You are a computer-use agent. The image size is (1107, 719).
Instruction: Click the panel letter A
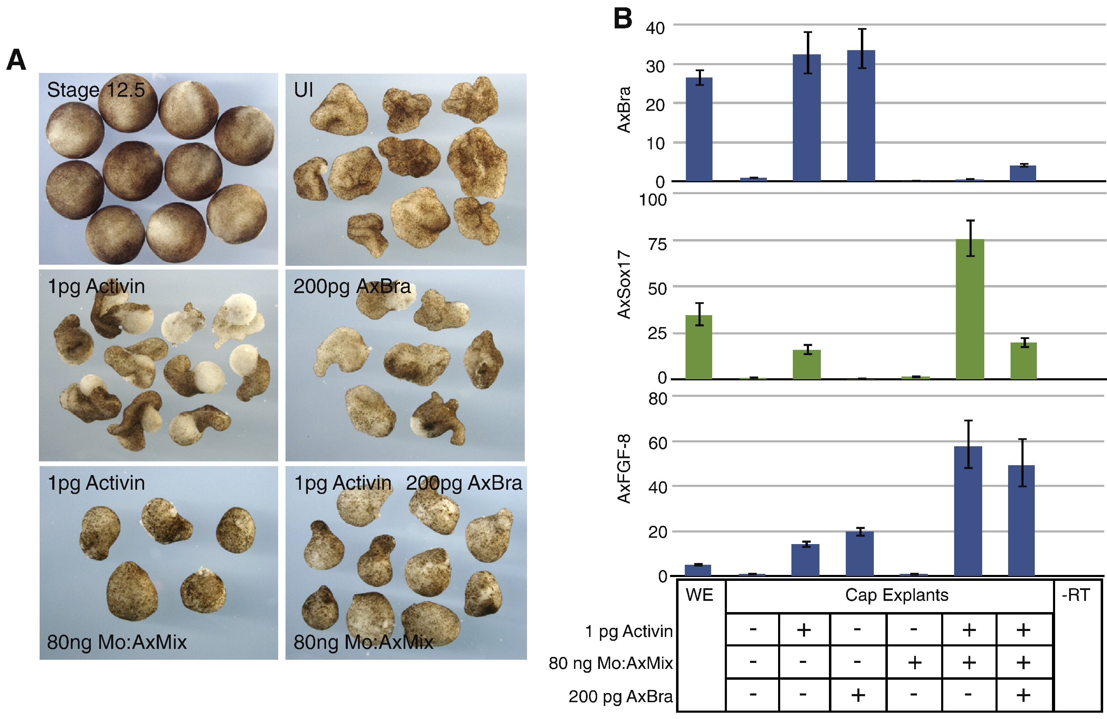pos(16,60)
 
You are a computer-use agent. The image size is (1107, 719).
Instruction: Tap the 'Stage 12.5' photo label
pos(96,90)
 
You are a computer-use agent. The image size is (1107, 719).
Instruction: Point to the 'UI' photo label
pos(303,90)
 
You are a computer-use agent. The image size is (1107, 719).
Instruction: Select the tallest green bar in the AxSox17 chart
pos(970,309)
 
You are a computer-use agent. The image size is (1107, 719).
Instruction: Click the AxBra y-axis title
pos(624,110)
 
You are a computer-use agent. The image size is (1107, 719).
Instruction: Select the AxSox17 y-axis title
pos(624,285)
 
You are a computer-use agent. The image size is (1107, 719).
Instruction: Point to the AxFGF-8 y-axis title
pos(624,469)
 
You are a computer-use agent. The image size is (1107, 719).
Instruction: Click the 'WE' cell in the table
pos(699,595)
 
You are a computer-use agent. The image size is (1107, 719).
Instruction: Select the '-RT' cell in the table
pos(1075,595)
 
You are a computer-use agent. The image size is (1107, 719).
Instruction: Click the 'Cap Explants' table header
pos(896,595)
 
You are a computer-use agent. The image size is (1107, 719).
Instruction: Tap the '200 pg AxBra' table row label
pos(621,696)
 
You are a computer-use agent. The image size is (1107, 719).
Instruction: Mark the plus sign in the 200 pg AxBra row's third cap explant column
pos(858,695)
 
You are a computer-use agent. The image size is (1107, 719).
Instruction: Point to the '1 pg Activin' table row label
pos(629,631)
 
